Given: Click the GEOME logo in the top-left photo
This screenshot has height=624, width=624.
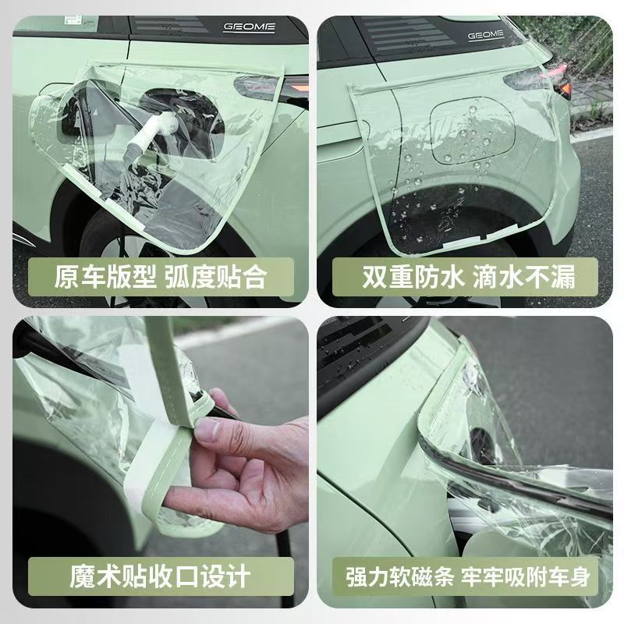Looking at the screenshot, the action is (249, 27).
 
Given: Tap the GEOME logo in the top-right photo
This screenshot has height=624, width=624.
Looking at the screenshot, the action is (485, 35).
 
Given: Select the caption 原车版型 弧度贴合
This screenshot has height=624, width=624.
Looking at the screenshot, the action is (161, 277).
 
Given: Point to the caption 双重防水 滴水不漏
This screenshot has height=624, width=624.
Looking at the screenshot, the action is (469, 277).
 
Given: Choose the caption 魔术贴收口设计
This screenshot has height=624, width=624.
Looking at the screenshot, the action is (160, 576).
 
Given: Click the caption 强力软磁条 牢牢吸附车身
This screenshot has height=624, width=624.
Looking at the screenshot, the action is (467, 576).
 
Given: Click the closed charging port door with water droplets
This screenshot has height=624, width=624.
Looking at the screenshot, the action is (473, 132).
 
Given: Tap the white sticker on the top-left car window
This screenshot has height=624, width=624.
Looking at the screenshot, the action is (73, 20).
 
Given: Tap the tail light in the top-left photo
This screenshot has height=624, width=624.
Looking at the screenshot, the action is (271, 87).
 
